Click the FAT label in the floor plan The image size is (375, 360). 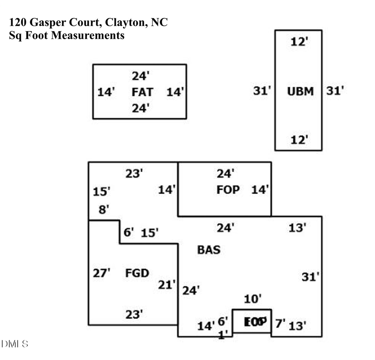142,92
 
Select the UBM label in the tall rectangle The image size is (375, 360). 300,91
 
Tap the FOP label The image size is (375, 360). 228,190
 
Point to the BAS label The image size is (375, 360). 208,250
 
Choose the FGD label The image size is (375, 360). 137,273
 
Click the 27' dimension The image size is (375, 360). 101,273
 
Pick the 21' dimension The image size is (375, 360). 167,285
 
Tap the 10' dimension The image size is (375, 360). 252,298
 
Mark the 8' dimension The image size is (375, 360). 104,210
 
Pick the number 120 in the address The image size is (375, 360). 17,22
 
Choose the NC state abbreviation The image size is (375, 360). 158,22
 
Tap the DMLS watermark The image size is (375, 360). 15,344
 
